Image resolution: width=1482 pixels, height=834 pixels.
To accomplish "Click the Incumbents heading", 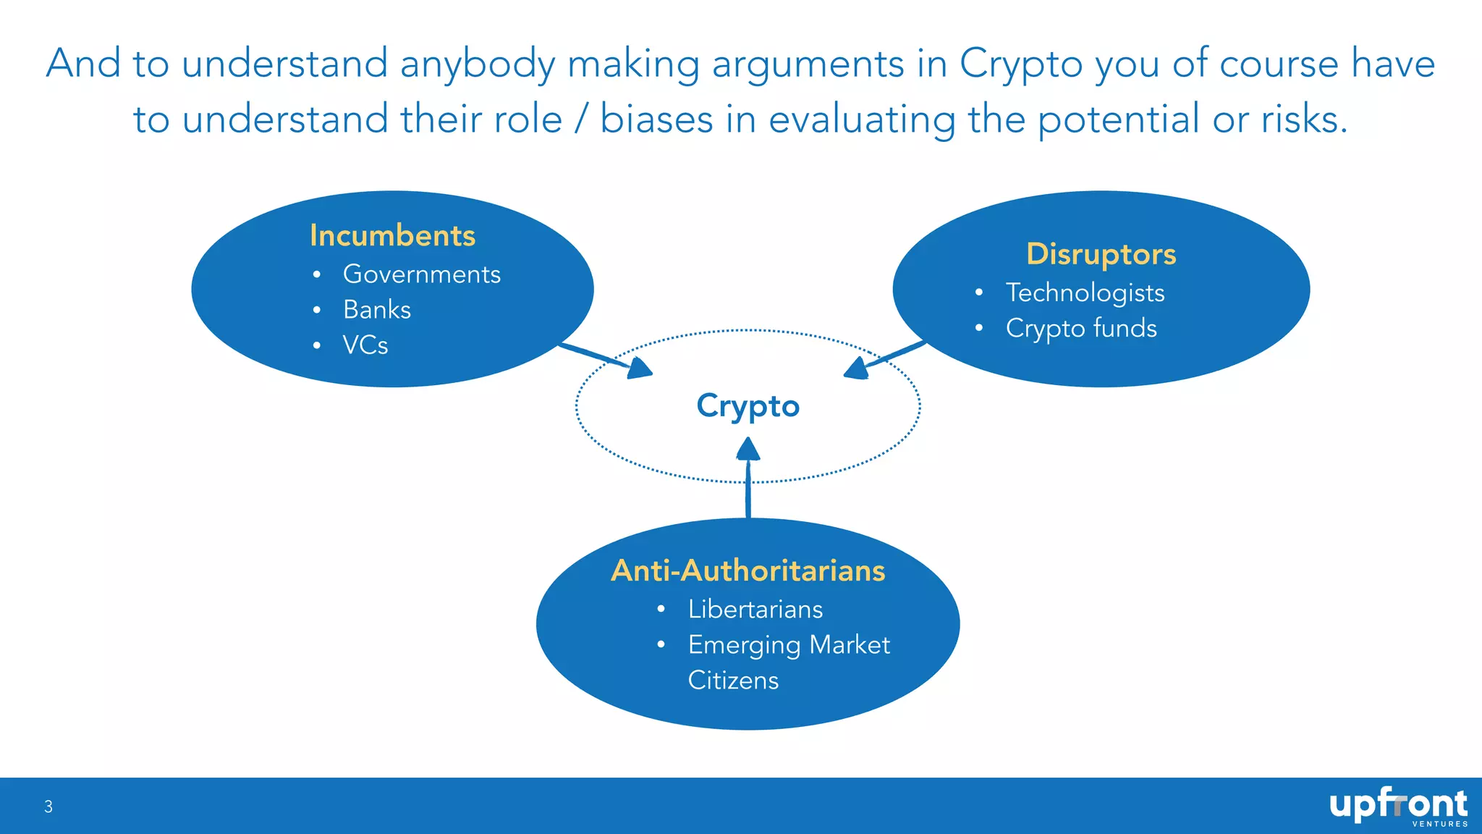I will [392, 236].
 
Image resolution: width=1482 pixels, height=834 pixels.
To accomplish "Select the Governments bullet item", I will [421, 274].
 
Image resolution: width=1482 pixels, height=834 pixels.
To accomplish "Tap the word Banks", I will [376, 310].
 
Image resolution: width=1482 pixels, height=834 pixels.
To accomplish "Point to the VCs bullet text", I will [365, 345].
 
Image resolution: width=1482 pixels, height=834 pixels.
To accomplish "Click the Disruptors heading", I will [1101, 255].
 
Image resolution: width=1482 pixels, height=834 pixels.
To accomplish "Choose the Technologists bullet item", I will [1085, 292].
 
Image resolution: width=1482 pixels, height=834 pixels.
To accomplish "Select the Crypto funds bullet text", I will [1081, 328].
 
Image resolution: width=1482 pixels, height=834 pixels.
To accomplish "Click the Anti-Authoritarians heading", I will [748, 570].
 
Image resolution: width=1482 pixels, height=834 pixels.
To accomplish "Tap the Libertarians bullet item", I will [755, 610].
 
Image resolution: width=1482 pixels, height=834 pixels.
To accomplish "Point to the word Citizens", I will [732, 681].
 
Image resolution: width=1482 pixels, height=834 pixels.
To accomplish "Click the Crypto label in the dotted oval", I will [748, 406].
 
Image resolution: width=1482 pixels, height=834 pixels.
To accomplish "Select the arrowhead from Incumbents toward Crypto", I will [639, 368].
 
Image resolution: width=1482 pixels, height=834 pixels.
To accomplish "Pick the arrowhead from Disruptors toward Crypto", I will [857, 368].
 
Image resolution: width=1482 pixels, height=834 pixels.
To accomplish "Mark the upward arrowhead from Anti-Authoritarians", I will [748, 450].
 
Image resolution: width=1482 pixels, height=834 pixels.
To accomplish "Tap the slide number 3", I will [48, 806].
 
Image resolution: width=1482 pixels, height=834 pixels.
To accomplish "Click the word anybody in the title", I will [477, 64].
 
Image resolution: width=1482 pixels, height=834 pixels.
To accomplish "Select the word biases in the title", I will [656, 119].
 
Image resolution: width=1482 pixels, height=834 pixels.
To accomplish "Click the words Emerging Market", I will [788, 645].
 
